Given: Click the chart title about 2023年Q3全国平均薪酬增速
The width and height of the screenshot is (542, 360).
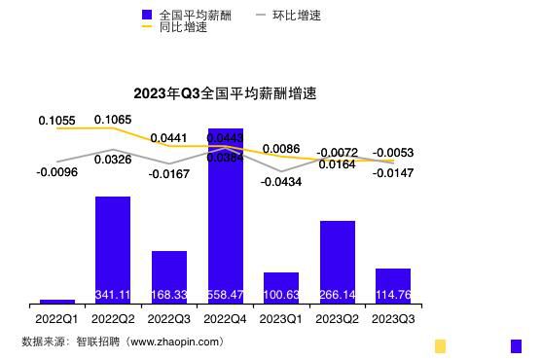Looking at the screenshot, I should (x=225, y=94).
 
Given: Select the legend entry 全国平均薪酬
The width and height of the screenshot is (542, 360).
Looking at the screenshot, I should (x=189, y=16).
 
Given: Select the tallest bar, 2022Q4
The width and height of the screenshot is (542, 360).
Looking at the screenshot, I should (x=225, y=214).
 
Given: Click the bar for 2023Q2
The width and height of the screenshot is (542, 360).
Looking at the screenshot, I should (x=338, y=261).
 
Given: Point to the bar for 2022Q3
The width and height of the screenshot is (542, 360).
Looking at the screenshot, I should (x=169, y=276).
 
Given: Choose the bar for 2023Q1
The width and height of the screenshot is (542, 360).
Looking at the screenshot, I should (x=281, y=287).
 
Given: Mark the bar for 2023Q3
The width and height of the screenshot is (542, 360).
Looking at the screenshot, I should (x=393, y=285).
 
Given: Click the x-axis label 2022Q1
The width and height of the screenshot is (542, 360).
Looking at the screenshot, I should (x=56, y=318).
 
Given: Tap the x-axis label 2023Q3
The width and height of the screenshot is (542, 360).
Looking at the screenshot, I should (x=393, y=318).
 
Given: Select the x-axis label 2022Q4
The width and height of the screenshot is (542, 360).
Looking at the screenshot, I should (x=225, y=318).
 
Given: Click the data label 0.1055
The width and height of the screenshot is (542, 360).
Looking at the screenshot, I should (x=56, y=121).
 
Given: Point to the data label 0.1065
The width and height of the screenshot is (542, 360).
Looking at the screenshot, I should (x=113, y=120).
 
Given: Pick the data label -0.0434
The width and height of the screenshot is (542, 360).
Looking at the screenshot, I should (x=281, y=183).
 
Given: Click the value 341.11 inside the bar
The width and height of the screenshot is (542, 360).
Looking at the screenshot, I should (x=113, y=295).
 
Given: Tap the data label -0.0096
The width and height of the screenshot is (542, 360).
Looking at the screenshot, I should (x=56, y=172).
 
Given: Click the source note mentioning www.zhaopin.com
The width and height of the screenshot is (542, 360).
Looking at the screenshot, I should (x=123, y=342).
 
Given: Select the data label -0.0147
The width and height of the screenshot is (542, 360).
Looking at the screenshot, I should (x=393, y=173).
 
